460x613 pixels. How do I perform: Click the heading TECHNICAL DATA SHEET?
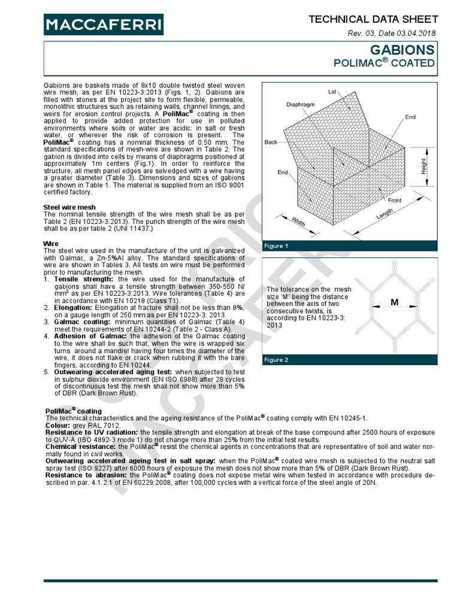coord(373,20)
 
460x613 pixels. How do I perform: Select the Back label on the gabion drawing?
coord(271,142)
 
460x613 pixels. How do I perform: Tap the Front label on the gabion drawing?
coord(394,201)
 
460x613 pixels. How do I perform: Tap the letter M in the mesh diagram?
coord(394,303)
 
